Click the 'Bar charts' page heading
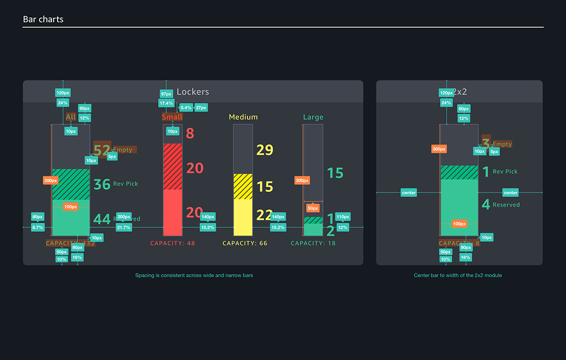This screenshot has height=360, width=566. click(43, 20)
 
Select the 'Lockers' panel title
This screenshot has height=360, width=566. click(193, 92)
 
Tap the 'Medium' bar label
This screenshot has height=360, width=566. click(243, 117)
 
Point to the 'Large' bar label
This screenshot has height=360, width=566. click(313, 117)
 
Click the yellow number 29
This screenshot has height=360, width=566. click(264, 150)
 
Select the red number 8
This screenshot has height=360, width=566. click(190, 134)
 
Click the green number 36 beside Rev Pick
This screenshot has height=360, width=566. click(102, 184)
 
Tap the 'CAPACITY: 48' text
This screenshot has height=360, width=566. click(172, 243)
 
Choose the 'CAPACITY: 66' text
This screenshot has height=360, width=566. click(245, 243)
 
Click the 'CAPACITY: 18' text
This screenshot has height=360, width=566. click(313, 243)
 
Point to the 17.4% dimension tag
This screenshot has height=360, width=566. click(166, 103)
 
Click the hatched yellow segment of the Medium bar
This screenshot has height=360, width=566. click(243, 186)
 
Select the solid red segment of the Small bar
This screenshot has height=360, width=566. click(172, 212)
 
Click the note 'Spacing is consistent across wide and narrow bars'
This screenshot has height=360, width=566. click(194, 276)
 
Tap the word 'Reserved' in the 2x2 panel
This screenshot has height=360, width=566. click(506, 205)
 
